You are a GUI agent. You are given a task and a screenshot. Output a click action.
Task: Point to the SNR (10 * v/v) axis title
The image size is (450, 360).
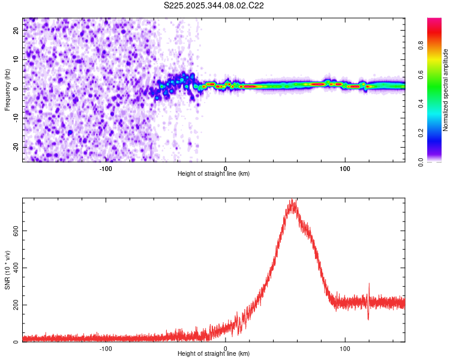pyautogui.click(x=7, y=269)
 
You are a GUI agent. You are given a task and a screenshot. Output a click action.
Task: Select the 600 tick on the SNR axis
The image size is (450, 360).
pyautogui.click(x=13, y=230)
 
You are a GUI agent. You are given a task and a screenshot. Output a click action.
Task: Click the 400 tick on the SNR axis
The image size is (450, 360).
pyautogui.click(x=13, y=268)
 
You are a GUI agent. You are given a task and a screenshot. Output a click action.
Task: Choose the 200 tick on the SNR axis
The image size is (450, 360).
pyautogui.click(x=13, y=305)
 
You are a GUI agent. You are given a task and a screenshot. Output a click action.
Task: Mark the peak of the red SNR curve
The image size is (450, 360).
pyautogui.click(x=292, y=201)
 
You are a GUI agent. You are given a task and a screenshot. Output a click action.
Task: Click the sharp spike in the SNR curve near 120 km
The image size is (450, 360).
pyautogui.click(x=369, y=284)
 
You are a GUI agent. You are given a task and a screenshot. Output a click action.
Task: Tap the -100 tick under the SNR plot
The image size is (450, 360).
pyautogui.click(x=106, y=348)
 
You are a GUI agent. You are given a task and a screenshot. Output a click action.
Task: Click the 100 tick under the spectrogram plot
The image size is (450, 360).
pyautogui.click(x=345, y=168)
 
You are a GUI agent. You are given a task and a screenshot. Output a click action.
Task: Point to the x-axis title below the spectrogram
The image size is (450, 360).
pyautogui.click(x=214, y=174)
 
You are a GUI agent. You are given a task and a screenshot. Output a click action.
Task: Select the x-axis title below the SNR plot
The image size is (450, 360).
pyautogui.click(x=214, y=354)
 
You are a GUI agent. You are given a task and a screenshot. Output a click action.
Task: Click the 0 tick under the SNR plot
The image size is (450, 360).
pyautogui.click(x=226, y=348)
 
